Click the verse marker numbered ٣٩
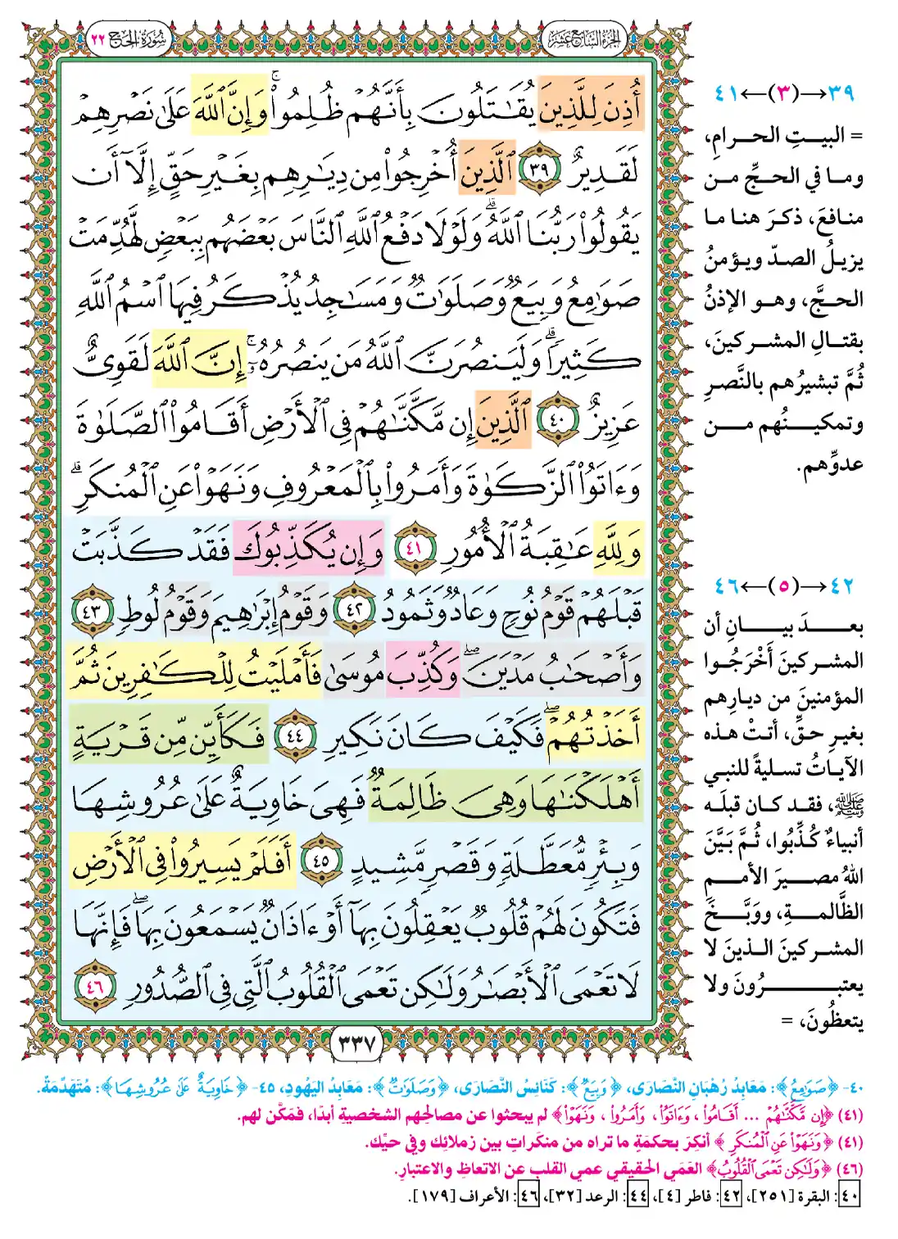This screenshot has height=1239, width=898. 539,172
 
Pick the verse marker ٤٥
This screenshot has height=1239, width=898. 320,861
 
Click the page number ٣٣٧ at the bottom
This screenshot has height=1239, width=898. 356,1044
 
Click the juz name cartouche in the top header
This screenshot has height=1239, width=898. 583,38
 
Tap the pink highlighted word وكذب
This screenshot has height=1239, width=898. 424,670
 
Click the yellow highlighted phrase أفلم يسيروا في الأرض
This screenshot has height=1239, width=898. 182,861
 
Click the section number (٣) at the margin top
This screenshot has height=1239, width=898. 784,93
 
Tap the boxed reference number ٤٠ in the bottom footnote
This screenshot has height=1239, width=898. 850,1196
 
